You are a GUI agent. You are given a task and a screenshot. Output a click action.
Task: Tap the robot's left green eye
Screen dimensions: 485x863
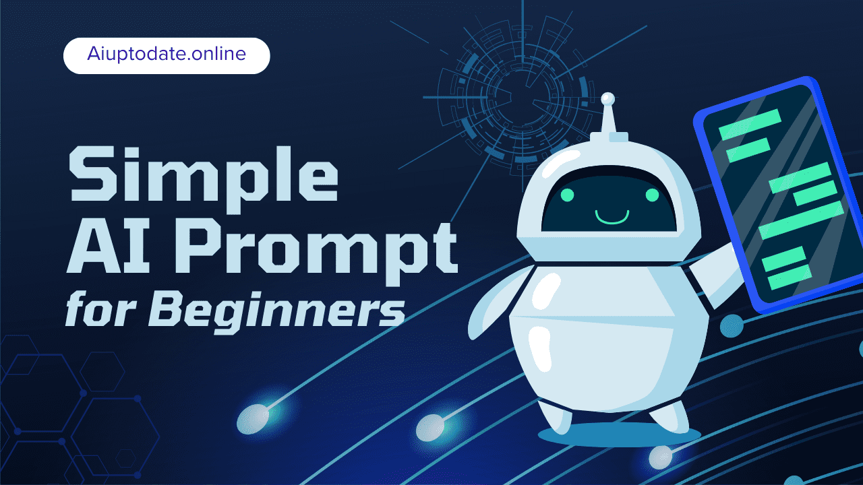567,195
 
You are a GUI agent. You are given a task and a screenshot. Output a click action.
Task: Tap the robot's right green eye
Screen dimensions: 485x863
652,195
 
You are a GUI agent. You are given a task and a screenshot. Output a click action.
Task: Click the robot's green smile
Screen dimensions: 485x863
612,217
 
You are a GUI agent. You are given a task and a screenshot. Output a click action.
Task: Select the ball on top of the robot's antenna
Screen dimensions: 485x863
608,100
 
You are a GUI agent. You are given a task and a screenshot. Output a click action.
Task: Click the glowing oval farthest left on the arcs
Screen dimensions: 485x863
254,418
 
